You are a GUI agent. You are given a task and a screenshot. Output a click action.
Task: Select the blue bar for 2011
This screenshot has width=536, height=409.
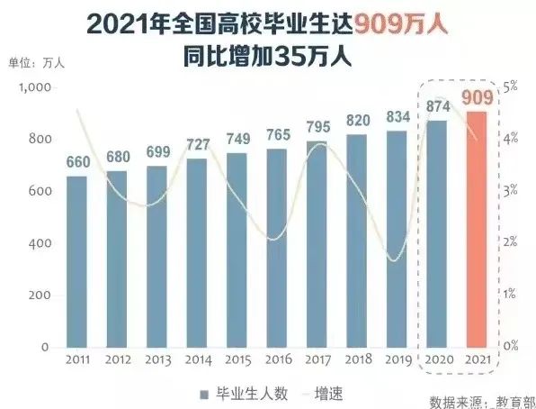[77, 261]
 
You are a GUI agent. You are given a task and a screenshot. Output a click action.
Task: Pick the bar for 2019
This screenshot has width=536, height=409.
[397, 239]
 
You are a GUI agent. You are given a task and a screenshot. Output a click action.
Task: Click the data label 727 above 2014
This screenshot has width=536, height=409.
[197, 144]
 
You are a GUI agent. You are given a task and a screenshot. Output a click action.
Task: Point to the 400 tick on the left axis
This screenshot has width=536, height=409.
[39, 244]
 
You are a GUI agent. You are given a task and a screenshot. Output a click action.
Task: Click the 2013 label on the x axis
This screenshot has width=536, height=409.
[157, 359]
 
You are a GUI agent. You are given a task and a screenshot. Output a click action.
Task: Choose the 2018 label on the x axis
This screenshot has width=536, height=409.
[357, 359]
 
